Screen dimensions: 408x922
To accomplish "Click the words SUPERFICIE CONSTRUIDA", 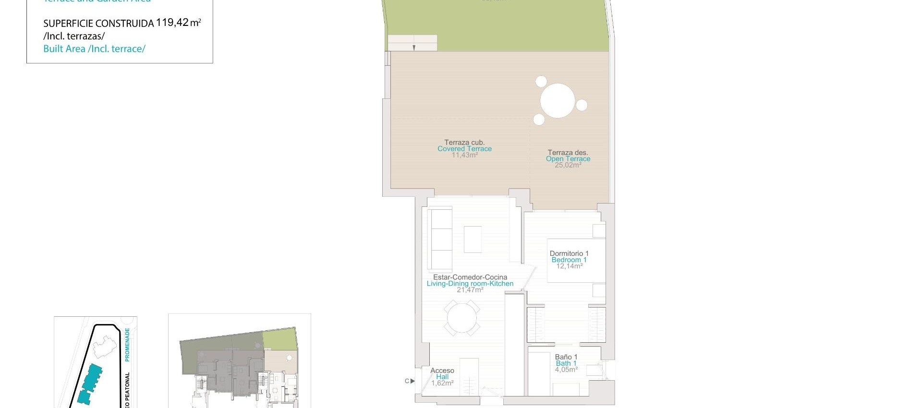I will pos(98,24).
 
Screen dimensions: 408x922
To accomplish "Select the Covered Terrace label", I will pos(464,149).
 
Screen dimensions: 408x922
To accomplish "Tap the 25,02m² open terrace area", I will pos(568,165).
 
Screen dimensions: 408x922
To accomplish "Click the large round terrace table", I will pos(557,101).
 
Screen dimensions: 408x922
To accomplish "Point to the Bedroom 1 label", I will pos(569,260).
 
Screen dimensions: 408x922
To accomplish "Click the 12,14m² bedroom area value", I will pos(569,266).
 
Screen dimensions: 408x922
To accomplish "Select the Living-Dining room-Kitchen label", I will pos(470,284).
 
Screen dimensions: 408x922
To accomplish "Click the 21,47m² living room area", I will pos(470,290).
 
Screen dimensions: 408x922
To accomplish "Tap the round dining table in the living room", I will pos(461,318).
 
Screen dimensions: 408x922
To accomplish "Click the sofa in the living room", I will pos(440,239).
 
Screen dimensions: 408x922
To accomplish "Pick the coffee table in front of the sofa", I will pos(473,239).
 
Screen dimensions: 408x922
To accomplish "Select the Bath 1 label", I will pos(566,363).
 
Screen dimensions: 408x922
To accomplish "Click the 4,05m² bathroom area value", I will pos(566,370).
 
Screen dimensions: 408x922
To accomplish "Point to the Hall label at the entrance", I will pos(442,377).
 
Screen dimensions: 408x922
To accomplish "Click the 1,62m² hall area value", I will pos(442,383).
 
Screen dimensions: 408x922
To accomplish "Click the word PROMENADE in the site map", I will pos(127,344).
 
